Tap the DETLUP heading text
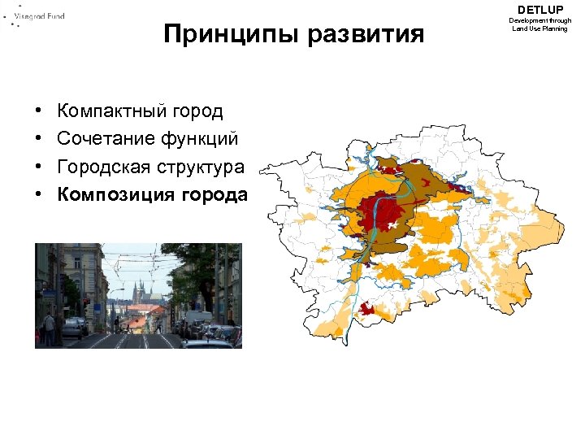(539, 9)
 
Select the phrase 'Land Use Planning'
(539, 28)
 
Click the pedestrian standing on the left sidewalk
(50, 328)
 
